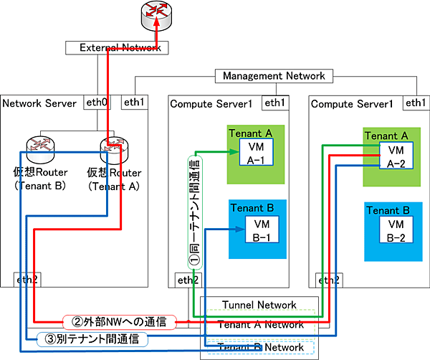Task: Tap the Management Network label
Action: tap(273, 75)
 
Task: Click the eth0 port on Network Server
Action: tap(97, 103)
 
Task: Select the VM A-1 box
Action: tap(254, 153)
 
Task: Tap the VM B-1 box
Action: tap(256, 231)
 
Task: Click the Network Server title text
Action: tap(39, 104)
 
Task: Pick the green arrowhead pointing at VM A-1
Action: tap(236, 151)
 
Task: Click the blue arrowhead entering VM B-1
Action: tap(236, 229)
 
